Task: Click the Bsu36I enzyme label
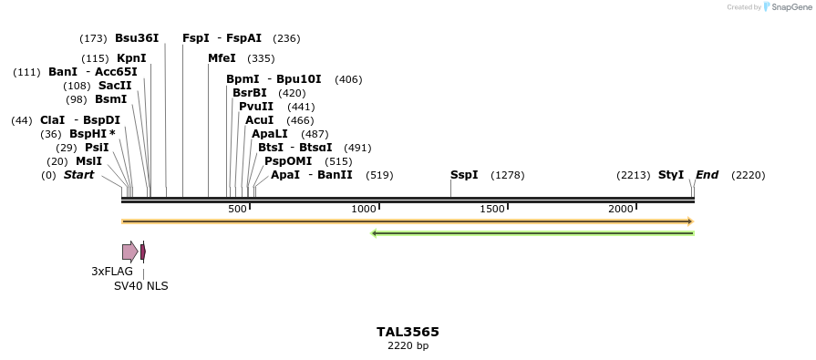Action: point(137,38)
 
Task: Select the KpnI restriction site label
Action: point(131,58)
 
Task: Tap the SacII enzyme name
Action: point(115,86)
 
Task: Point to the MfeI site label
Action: point(222,58)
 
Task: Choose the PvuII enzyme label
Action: point(255,107)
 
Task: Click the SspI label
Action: point(464,175)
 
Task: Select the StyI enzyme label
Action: point(671,175)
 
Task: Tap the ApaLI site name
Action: point(271,134)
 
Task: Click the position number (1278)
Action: point(507,175)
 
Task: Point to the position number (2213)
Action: point(633,175)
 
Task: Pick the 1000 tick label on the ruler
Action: point(364,210)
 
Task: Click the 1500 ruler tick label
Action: point(492,210)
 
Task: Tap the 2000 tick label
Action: point(621,210)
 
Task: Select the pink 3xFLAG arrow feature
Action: point(129,252)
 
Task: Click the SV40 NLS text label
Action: point(140,286)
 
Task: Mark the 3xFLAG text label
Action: point(112,272)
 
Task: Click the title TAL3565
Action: point(408,332)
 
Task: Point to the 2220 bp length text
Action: point(408,346)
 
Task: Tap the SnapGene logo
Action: point(786,7)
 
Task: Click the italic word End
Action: point(708,175)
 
